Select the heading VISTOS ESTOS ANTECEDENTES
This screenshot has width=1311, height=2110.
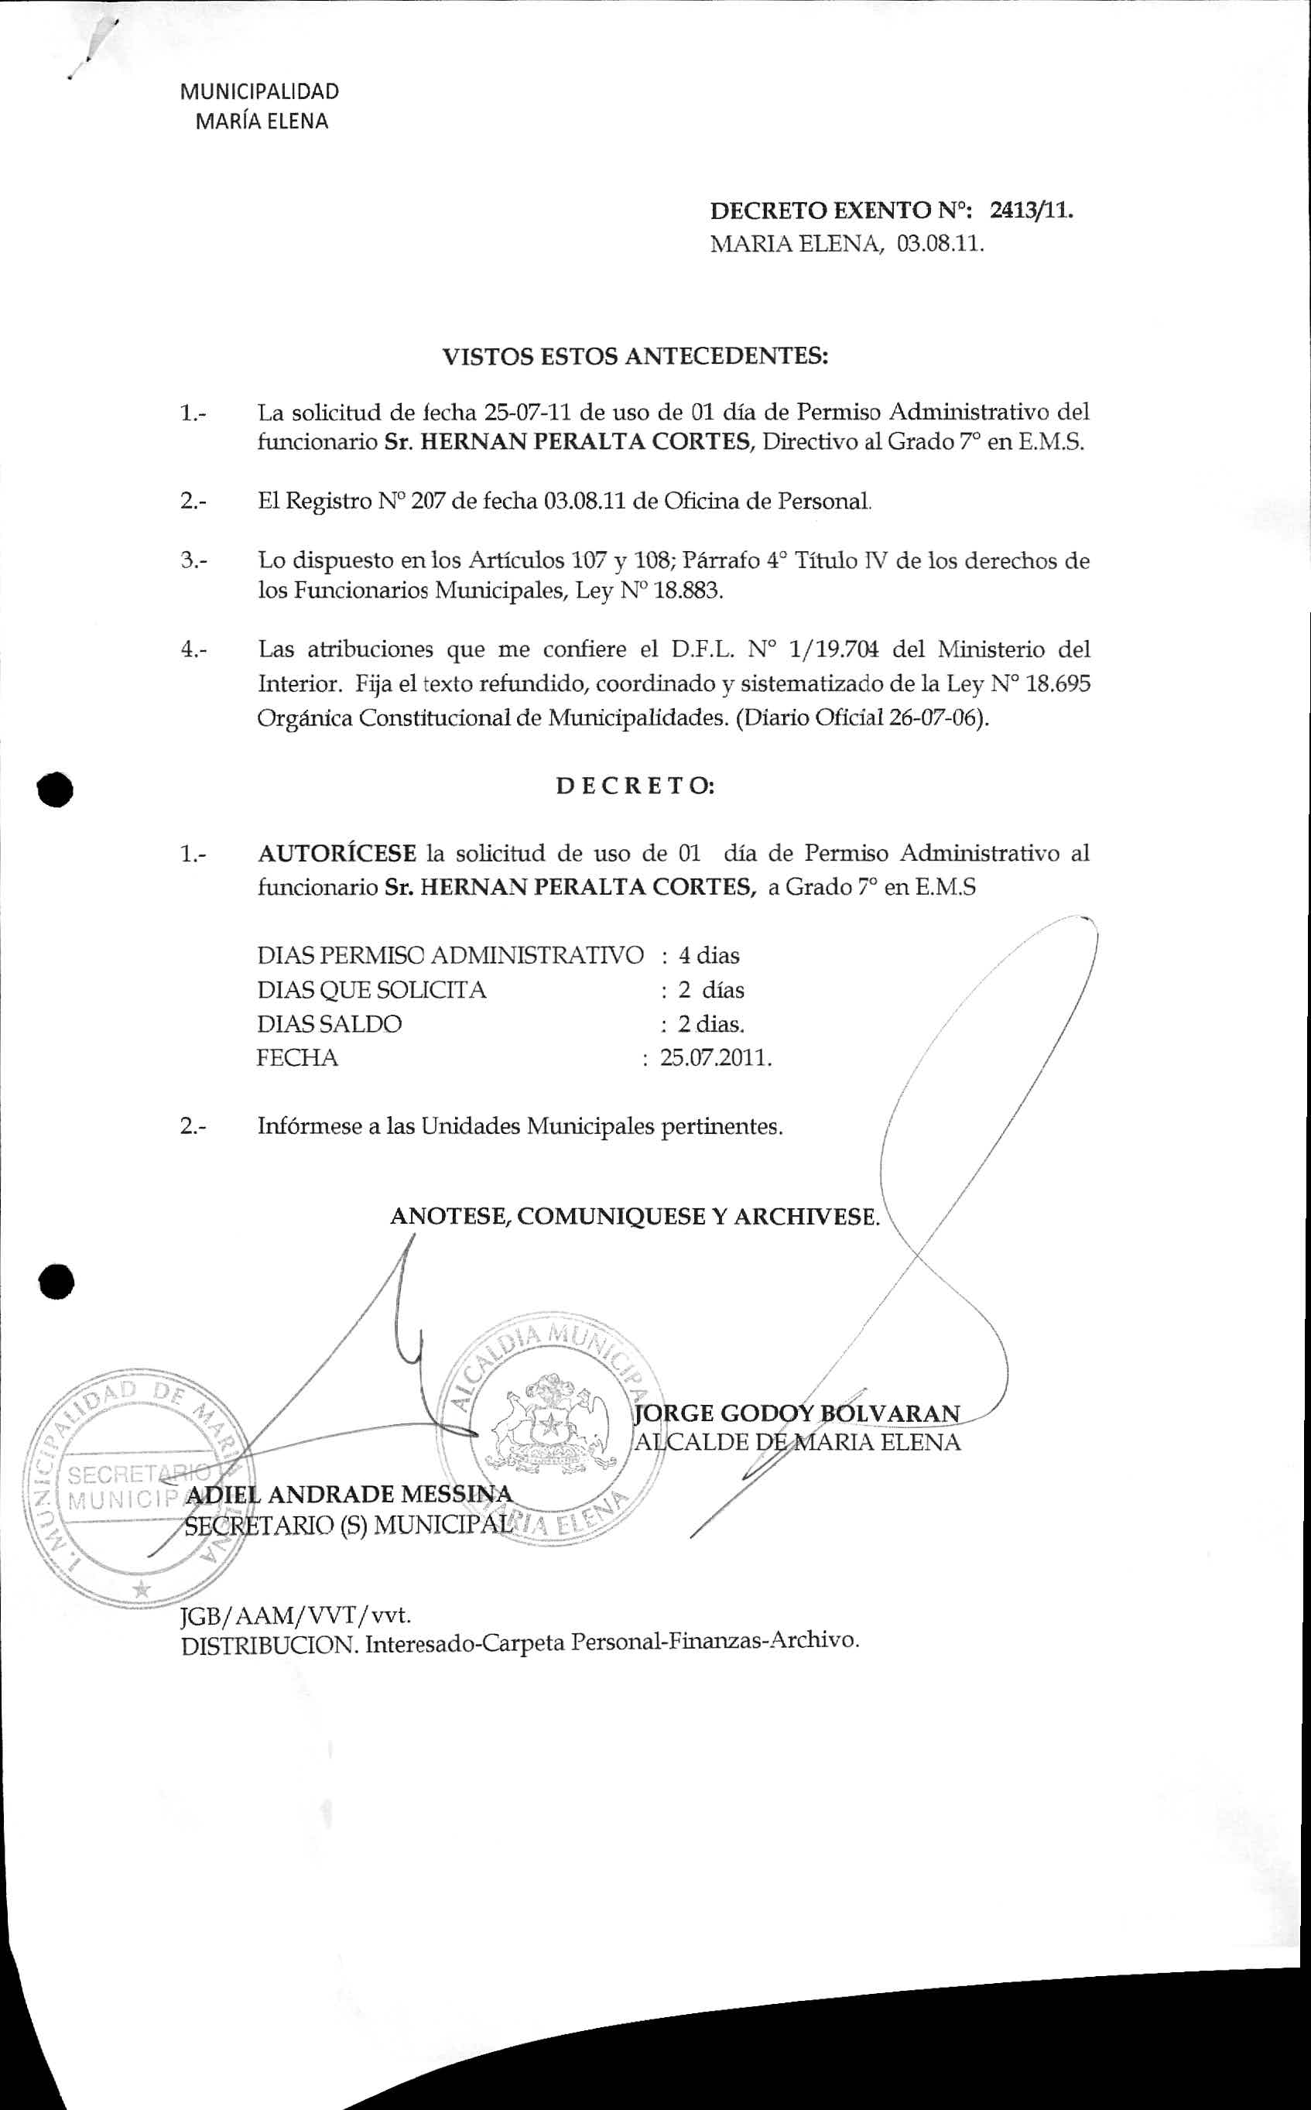635,356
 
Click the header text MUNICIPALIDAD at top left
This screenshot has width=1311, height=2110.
259,92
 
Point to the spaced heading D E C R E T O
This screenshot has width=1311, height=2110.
635,786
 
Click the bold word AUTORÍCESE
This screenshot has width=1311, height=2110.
337,854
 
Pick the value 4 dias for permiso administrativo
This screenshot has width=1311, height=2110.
708,956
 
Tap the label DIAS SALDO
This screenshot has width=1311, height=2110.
329,1024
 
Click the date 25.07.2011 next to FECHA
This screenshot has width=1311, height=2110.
715,1058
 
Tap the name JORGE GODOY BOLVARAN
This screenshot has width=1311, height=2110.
798,1413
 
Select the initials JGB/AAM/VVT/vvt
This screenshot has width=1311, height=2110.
295,1615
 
